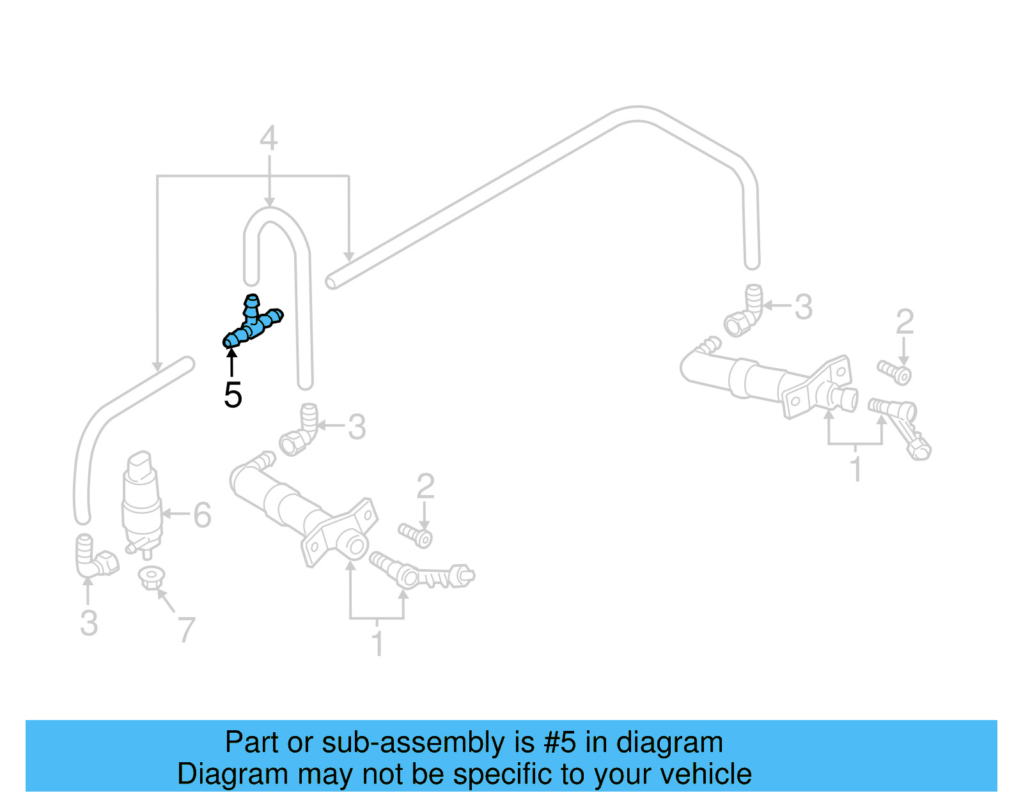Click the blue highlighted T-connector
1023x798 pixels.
pos(253,323)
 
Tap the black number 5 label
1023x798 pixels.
pos(233,395)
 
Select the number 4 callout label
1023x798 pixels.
pos(269,139)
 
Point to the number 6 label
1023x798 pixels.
pos(202,515)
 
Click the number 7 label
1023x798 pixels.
pos(185,630)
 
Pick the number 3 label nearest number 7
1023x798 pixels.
pos(89,623)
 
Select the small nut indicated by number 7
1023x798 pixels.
pos(151,578)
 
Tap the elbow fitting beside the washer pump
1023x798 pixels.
pos(94,556)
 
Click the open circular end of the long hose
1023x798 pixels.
pos(331,281)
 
